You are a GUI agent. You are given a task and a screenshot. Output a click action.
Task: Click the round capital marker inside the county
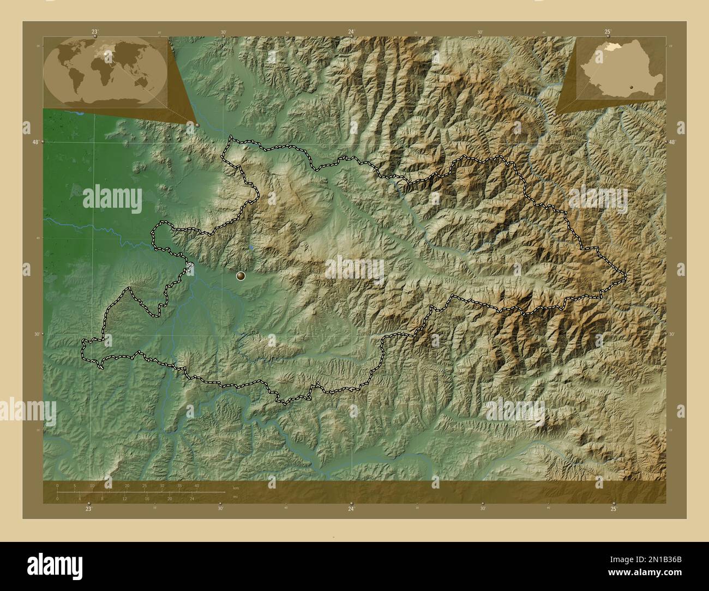[x=241, y=276]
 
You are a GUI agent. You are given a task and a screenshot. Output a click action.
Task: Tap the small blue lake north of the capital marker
[x=250, y=247]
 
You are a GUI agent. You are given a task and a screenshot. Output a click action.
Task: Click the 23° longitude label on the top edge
[x=94, y=32]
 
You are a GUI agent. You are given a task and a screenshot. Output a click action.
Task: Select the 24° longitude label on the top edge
[x=352, y=32]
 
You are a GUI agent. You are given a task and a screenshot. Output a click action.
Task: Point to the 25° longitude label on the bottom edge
[x=614, y=509]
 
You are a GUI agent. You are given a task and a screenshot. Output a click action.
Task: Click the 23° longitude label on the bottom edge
[x=88, y=509]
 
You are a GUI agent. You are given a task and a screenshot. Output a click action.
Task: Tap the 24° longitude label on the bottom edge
[x=351, y=509]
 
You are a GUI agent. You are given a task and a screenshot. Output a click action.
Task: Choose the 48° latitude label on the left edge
[x=36, y=142]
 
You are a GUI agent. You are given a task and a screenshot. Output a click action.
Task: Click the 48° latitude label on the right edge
[x=672, y=142]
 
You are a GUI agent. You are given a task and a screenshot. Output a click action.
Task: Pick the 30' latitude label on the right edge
[x=672, y=334]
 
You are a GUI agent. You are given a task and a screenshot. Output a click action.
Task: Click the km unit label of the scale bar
[x=236, y=487]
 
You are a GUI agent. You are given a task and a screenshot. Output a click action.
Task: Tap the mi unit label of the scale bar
[x=235, y=497]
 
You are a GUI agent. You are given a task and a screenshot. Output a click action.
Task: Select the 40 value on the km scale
[x=197, y=485]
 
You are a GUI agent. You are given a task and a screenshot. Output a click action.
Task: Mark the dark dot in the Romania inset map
[x=630, y=86]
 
